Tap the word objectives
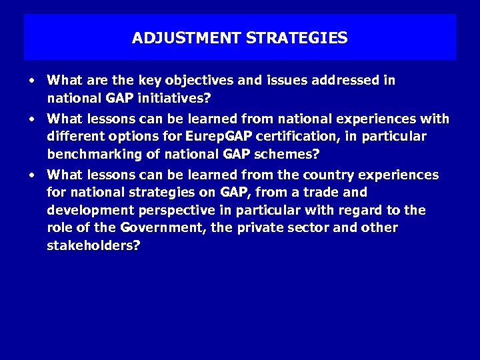click(x=200, y=81)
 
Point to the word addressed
click(x=342, y=81)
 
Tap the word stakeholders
click(x=93, y=245)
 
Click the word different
click(x=75, y=137)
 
